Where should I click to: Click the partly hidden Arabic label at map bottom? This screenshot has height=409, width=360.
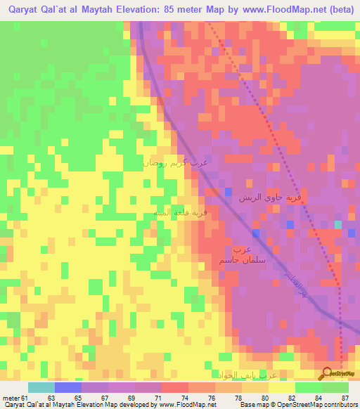click(243, 375)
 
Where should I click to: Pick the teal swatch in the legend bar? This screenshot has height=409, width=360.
click(41, 387)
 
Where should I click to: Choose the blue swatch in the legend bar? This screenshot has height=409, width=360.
click(68, 387)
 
